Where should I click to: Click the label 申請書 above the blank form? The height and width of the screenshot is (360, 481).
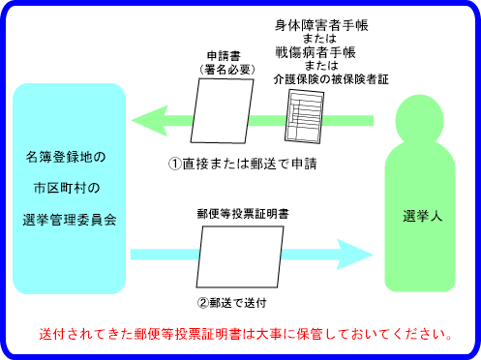[224, 57]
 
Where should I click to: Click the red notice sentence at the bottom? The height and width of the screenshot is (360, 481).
[246, 335]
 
